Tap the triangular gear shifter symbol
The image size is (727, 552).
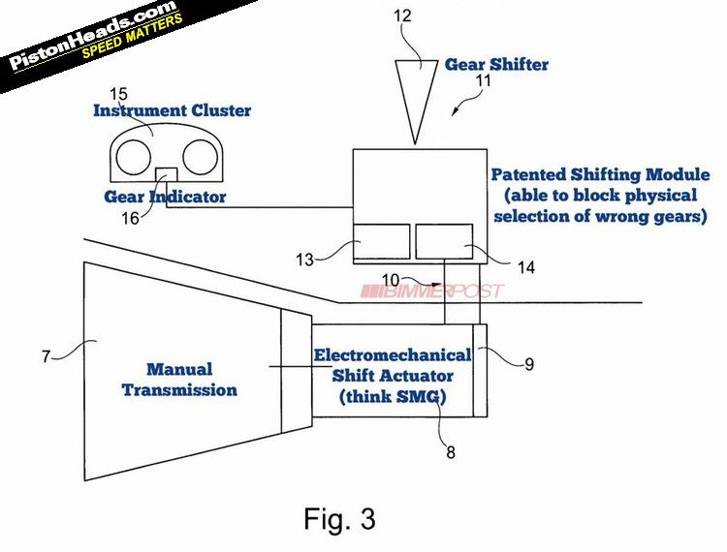click(419, 92)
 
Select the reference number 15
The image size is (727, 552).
click(118, 94)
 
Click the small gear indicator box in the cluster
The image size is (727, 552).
click(167, 173)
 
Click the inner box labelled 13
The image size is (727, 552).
click(381, 240)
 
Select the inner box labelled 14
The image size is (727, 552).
click(444, 240)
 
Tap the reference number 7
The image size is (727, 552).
click(46, 356)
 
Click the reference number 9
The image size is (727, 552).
click(528, 365)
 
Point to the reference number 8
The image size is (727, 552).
click(449, 450)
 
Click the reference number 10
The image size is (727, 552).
click(390, 280)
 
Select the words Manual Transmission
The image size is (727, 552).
click(192, 380)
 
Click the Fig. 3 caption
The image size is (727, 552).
click(339, 518)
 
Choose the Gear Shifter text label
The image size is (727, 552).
click(496, 65)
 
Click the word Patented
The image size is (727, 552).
click(531, 175)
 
